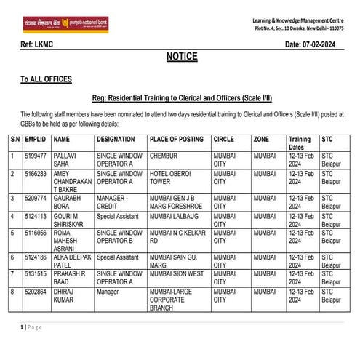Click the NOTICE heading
181,57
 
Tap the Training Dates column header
300,143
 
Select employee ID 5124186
36,257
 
